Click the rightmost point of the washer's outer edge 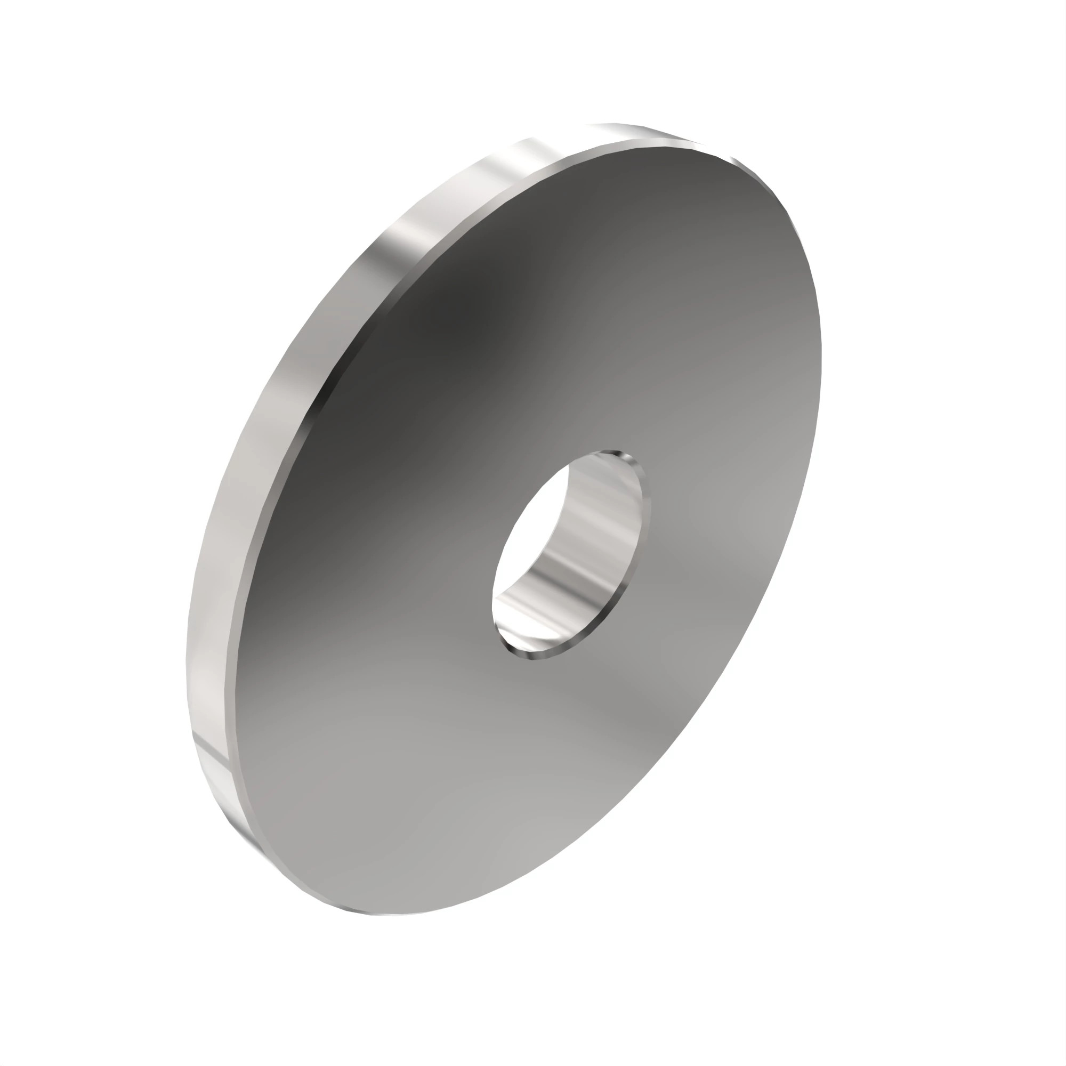[821, 353]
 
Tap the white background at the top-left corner [33, 33]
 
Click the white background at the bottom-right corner [1032, 1032]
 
